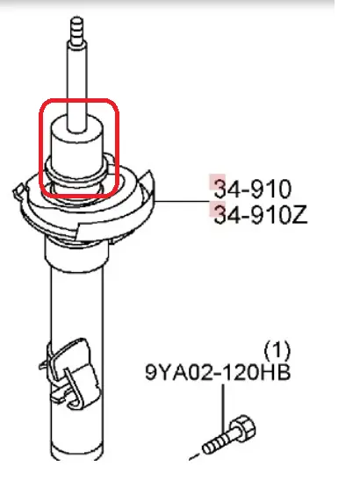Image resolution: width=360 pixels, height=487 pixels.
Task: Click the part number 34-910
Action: point(253,189)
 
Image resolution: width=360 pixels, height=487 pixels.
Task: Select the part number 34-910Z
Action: point(261,215)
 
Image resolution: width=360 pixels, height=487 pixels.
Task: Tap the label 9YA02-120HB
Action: point(218,372)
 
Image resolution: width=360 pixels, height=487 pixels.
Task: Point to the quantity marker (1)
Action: point(277,350)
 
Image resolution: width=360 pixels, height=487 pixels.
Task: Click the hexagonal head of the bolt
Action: point(244,428)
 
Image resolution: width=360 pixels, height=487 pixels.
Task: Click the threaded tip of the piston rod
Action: point(76,30)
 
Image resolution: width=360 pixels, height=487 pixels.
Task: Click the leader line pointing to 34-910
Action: point(182,201)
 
